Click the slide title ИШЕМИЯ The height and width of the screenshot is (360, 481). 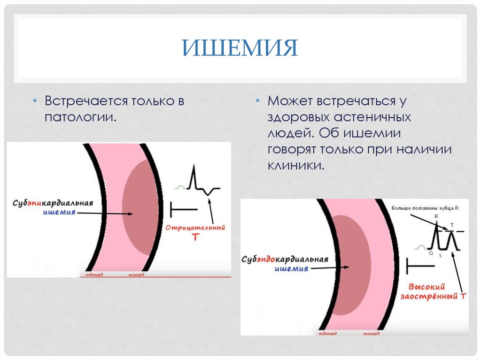[x=240, y=48]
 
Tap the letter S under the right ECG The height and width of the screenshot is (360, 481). [x=440, y=255]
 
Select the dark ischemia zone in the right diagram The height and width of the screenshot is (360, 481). [x=350, y=265]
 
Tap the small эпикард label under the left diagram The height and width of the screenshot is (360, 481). [x=135, y=274]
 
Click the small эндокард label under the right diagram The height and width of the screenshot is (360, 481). [x=327, y=333]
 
